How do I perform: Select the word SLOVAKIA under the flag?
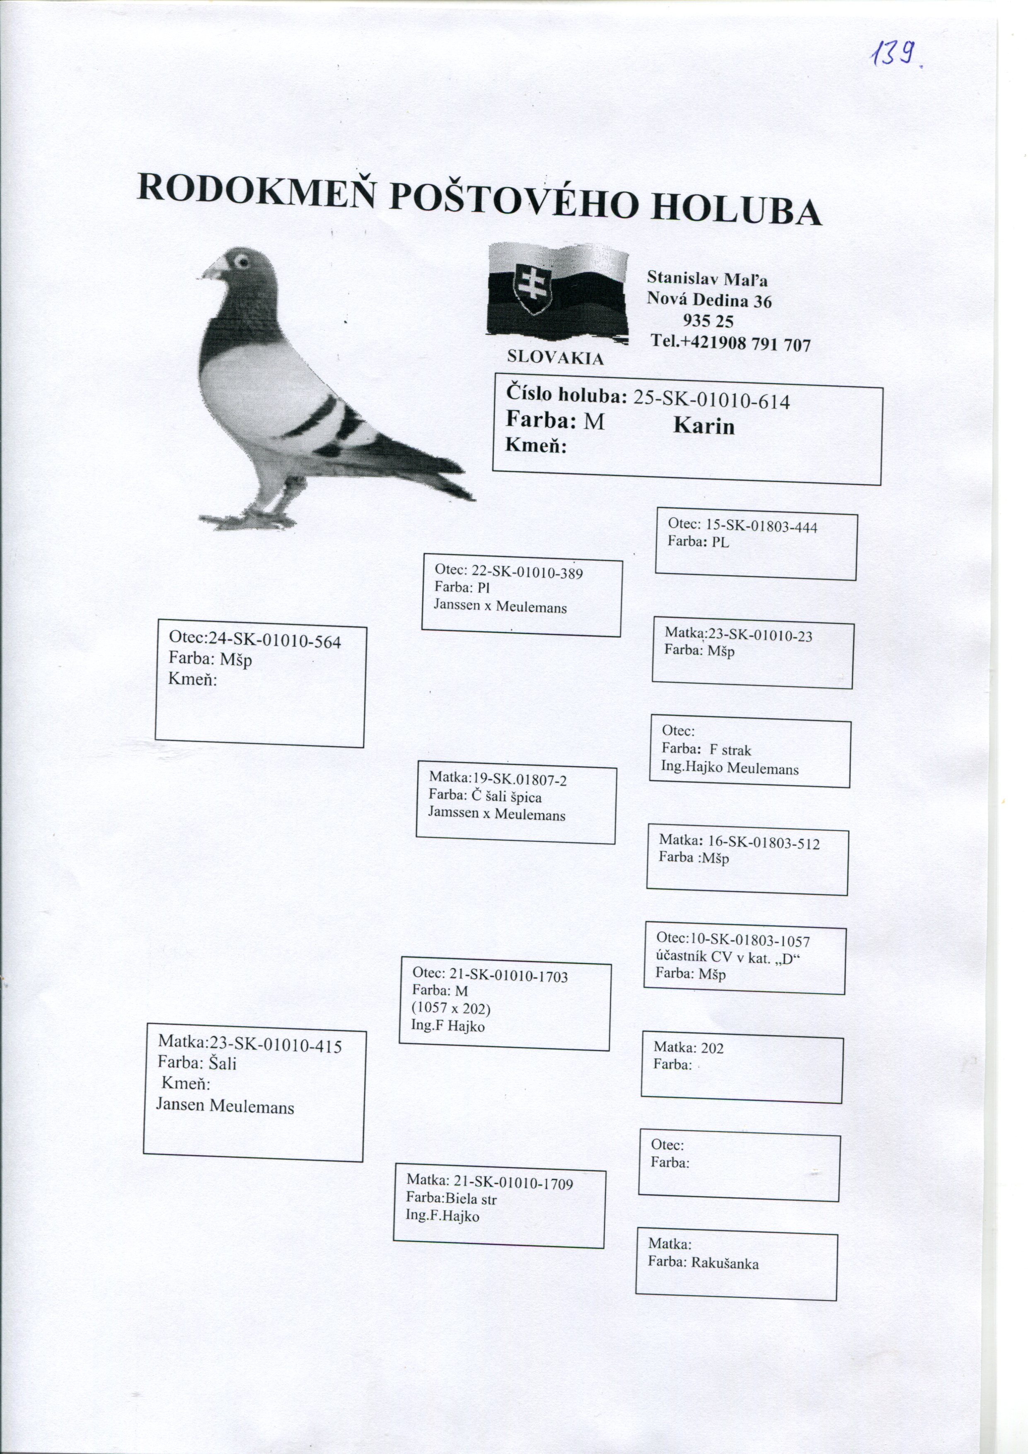(x=556, y=358)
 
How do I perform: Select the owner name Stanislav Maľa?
(x=707, y=278)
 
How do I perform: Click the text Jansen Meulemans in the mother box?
(x=225, y=1106)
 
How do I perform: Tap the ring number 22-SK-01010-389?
(x=527, y=573)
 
